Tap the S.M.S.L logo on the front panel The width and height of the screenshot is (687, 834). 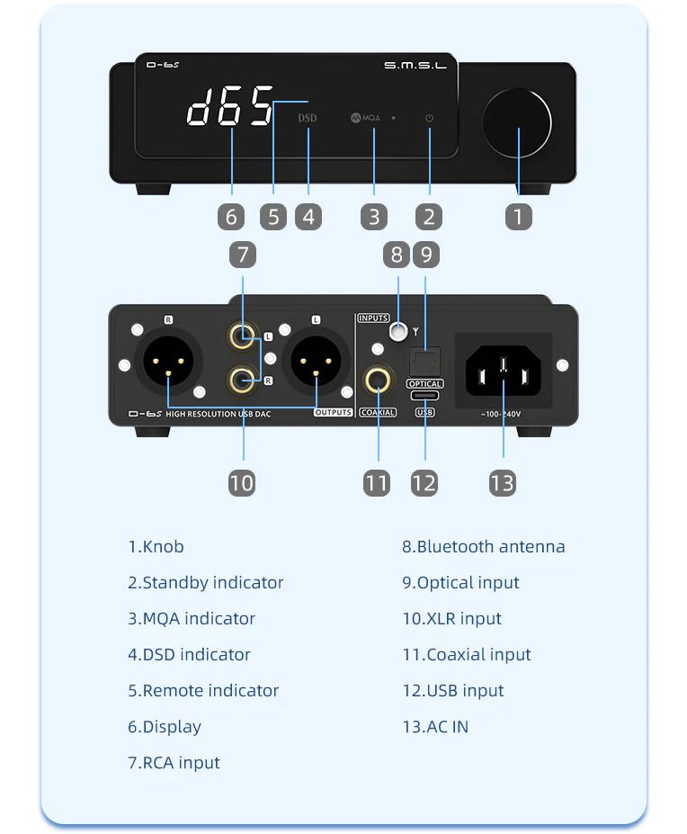(415, 66)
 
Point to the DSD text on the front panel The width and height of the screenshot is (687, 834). (308, 118)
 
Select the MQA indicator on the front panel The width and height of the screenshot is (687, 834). (367, 118)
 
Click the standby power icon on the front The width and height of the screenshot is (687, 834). (429, 118)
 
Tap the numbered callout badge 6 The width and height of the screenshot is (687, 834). (231, 217)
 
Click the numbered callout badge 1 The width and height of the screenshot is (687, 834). (518, 217)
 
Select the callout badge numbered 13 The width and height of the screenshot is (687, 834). (503, 483)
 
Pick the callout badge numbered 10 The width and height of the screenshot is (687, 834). (241, 483)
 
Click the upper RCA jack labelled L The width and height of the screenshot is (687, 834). (242, 337)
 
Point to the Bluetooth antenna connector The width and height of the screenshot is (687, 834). (397, 332)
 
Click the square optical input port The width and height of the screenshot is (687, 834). (424, 362)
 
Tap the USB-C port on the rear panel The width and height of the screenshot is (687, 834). (424, 396)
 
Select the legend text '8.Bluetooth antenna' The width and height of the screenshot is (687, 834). (483, 546)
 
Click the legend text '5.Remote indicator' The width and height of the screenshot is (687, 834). (203, 690)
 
